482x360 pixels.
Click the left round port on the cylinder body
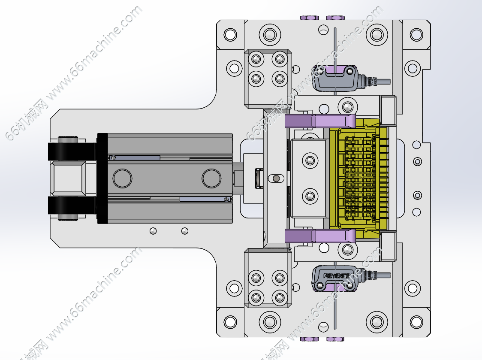coord(122,178)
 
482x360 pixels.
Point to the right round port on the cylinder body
coord(211,178)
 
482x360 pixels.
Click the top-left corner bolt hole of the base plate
coord(230,34)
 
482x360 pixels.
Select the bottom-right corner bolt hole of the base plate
coord(416,322)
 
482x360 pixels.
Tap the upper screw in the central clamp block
coord(310,160)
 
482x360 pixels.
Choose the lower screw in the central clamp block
coord(310,196)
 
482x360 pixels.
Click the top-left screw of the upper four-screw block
coord(256,59)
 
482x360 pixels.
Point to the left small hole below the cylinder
coord(153,231)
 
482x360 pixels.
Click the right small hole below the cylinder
coord(184,231)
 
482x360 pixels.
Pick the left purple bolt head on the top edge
coord(309,18)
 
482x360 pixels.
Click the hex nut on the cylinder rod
coord(238,178)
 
